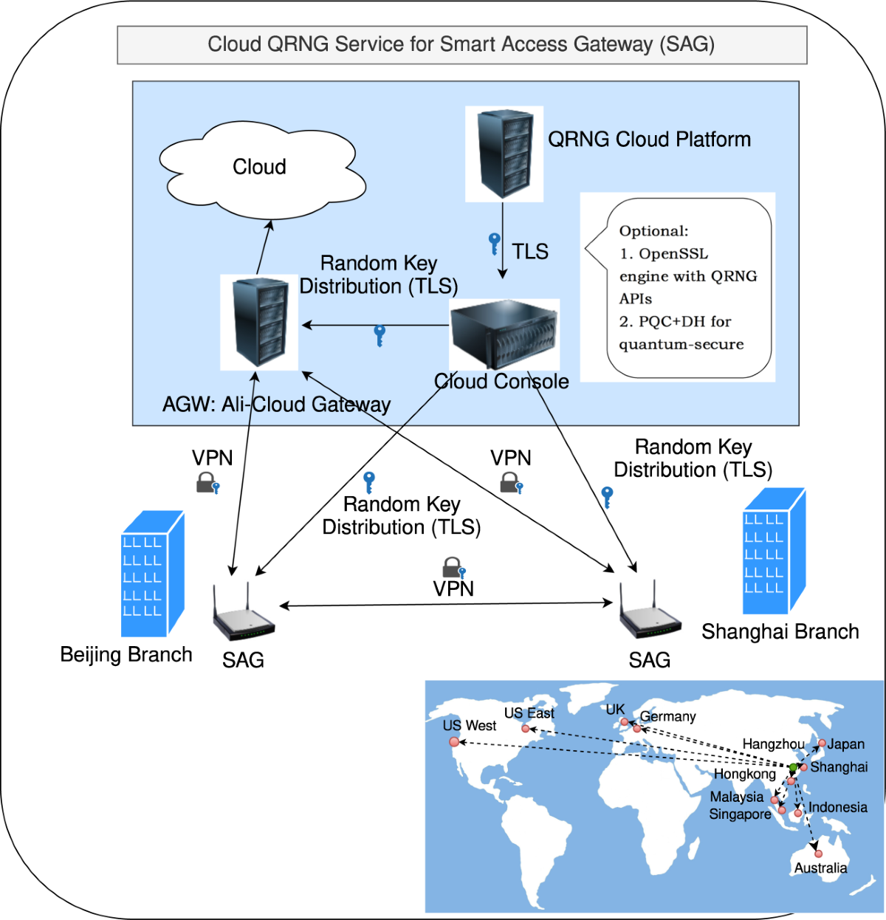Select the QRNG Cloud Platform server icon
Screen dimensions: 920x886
point(504,154)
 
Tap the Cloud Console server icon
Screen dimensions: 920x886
point(504,334)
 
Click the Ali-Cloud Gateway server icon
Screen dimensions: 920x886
point(259,323)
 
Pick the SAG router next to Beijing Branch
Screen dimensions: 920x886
point(243,614)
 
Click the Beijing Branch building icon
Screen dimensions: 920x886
point(152,574)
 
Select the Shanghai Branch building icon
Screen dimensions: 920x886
point(773,552)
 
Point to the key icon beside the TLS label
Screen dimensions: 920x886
point(495,243)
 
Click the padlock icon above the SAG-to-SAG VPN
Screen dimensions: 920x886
point(453,568)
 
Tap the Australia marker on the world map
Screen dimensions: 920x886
point(818,854)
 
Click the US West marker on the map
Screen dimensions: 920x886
point(454,741)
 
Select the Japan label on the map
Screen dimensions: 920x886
point(845,744)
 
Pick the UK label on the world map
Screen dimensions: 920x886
point(615,710)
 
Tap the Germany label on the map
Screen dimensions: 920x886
point(667,716)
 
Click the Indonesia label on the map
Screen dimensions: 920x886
point(837,807)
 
